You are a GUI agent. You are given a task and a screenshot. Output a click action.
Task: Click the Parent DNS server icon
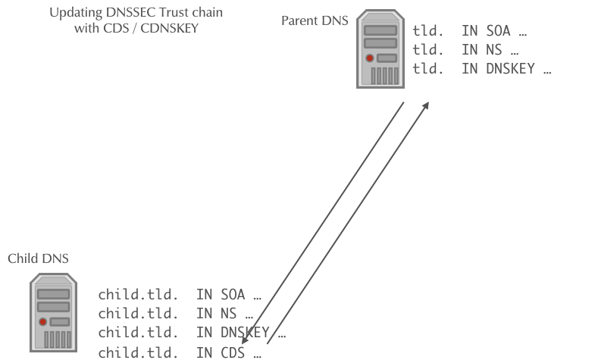[380, 49]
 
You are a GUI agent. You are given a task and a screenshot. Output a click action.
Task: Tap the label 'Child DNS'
[38, 258]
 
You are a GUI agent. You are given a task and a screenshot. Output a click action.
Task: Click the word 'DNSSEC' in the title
[130, 14]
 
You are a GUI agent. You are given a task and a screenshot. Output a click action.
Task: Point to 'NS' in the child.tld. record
[224, 313]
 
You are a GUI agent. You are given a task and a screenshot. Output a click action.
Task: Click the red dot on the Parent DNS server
[370, 58]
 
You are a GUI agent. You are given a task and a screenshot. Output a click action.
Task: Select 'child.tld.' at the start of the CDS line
[139, 351]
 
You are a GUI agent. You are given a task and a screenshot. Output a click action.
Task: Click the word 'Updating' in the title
[73, 14]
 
